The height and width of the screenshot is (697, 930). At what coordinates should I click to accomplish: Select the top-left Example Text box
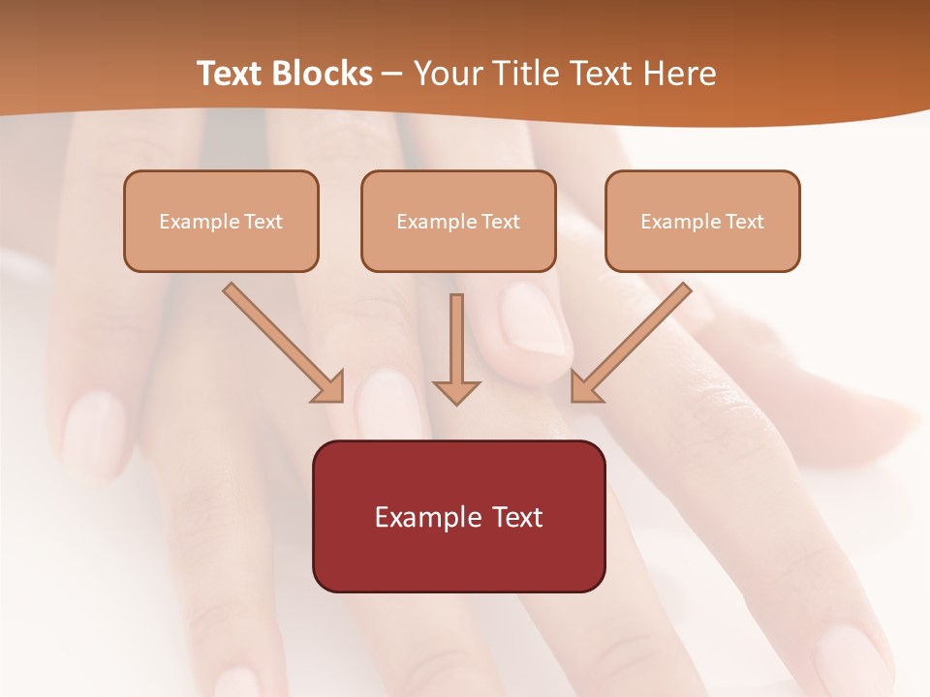[x=221, y=221]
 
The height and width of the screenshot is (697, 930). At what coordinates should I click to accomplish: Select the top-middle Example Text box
[x=458, y=221]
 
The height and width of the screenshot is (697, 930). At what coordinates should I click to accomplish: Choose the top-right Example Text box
[x=702, y=221]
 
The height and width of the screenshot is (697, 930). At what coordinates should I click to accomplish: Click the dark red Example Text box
[x=458, y=516]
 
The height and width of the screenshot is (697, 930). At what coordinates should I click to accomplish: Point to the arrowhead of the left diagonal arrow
[x=329, y=387]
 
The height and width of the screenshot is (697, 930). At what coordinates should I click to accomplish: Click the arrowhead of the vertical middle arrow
[x=456, y=391]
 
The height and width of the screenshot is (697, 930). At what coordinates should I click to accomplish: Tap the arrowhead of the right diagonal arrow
[x=584, y=387]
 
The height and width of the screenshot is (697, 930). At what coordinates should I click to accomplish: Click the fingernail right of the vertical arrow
[x=533, y=319]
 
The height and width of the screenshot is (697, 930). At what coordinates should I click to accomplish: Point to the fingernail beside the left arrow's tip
[x=386, y=407]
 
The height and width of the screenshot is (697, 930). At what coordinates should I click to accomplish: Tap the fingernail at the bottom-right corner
[x=852, y=658]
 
